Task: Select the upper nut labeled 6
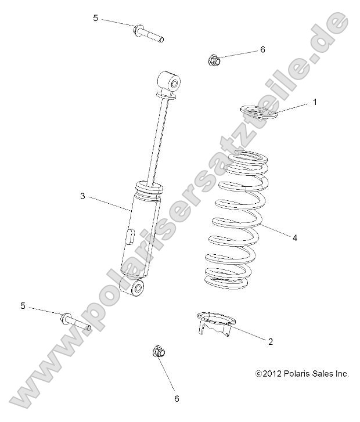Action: click(213, 60)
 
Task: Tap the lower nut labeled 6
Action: click(159, 352)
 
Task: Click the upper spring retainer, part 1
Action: click(260, 112)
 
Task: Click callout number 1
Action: click(315, 102)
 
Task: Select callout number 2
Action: click(270, 342)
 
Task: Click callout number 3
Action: click(82, 196)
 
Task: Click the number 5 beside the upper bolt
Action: click(95, 18)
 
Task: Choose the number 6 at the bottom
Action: click(177, 398)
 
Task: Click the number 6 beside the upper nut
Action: click(262, 50)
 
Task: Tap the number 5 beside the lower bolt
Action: click(23, 305)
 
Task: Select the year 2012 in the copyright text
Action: click(273, 374)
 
